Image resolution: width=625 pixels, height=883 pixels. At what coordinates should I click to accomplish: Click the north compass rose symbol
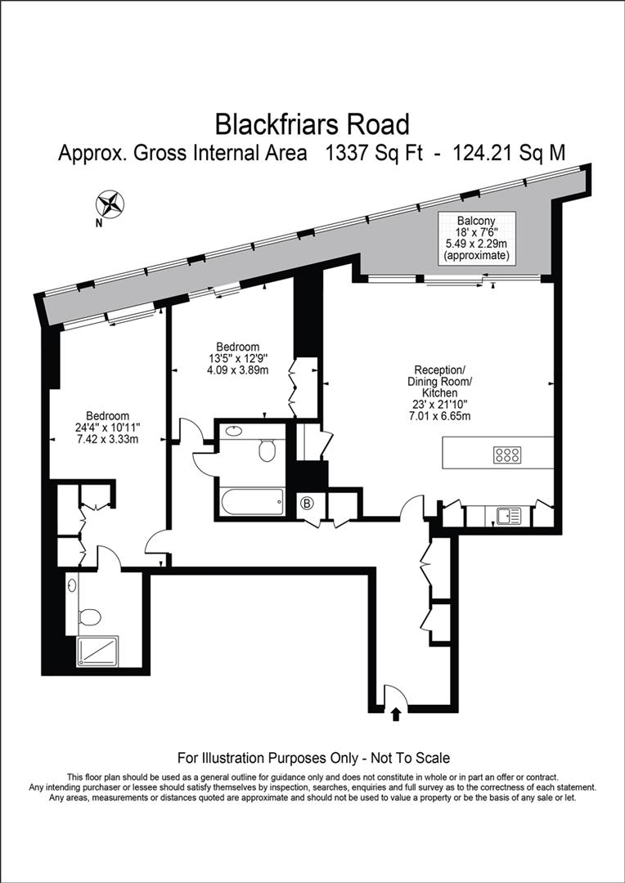click(x=110, y=202)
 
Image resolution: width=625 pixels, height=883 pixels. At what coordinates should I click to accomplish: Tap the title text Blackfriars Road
click(x=312, y=124)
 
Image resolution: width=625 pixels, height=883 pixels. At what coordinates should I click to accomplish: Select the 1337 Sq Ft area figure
click(x=374, y=153)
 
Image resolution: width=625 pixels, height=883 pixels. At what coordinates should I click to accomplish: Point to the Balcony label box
click(x=476, y=237)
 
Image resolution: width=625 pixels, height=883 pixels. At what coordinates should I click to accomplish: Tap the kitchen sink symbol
click(x=508, y=515)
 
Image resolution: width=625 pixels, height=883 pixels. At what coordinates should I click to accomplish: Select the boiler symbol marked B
click(x=308, y=503)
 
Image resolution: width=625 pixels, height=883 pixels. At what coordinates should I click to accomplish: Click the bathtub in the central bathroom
click(x=251, y=501)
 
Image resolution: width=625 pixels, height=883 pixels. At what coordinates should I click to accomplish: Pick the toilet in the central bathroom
click(x=267, y=450)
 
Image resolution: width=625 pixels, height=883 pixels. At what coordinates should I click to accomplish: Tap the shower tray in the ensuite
click(x=97, y=652)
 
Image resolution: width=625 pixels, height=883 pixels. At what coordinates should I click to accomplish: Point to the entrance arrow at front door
click(x=396, y=715)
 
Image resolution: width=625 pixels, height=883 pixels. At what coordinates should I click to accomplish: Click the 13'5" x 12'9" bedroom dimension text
click(x=238, y=357)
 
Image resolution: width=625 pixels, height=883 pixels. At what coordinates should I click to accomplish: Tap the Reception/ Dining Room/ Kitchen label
click(x=439, y=380)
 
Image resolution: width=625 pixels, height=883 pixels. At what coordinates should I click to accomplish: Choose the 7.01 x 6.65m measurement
click(x=440, y=415)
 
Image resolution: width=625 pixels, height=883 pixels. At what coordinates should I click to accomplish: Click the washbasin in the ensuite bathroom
click(x=74, y=585)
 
